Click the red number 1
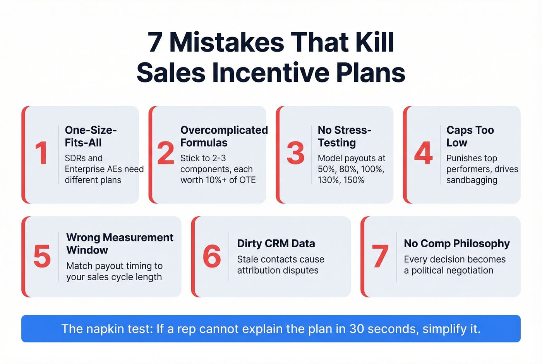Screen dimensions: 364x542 41,153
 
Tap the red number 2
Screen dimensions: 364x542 166,153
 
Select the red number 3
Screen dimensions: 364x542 296,153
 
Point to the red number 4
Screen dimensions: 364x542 423,153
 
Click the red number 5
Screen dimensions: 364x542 42,256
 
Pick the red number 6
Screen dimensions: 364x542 212,256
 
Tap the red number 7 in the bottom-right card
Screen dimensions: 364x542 380,256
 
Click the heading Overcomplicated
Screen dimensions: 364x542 224,130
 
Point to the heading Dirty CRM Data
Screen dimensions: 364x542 276,243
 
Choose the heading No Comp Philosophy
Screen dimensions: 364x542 457,243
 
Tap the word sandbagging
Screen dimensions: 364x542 472,180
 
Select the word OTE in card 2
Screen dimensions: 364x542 248,180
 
